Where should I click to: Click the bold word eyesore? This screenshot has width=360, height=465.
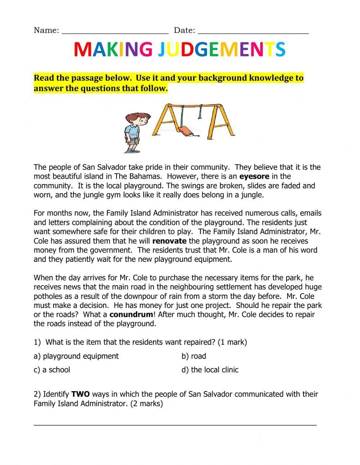tap(254, 176)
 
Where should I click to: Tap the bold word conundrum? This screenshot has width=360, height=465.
tap(131, 314)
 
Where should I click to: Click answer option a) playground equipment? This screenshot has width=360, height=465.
tap(76, 356)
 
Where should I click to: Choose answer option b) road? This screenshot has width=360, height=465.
tap(194, 356)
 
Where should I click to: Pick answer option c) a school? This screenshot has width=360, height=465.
tap(52, 370)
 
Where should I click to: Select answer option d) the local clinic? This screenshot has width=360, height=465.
tap(210, 370)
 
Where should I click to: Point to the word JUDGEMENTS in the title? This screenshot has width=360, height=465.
tap(221, 50)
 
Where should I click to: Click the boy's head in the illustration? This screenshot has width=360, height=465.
tap(135, 119)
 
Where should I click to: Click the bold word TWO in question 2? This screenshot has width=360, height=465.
tap(81, 394)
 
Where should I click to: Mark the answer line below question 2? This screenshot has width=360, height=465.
tap(175, 425)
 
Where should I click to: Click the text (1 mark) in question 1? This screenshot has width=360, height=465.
tap(232, 342)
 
